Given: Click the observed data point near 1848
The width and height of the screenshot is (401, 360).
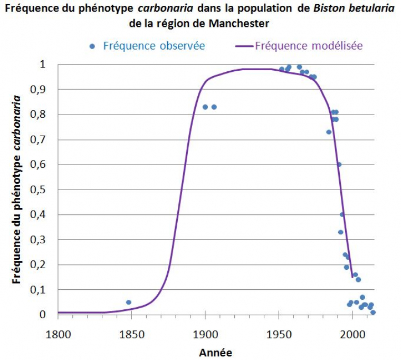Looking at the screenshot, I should [x=129, y=302].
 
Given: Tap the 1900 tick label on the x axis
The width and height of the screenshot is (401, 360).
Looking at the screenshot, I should [x=205, y=335].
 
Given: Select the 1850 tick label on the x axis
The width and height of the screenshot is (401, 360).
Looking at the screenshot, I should [x=131, y=335].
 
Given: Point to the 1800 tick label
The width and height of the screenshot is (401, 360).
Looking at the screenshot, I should [x=58, y=335].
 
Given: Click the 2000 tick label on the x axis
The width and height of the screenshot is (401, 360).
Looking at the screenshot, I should [x=353, y=335].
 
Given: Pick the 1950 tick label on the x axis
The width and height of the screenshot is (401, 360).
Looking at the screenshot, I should [x=279, y=335].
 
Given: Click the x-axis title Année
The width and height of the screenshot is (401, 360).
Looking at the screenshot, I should [x=215, y=352].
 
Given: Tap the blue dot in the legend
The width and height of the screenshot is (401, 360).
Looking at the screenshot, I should [x=92, y=46].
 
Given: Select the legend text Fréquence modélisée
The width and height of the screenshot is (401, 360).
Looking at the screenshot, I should [x=309, y=45].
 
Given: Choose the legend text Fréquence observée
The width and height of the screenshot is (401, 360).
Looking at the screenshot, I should [x=154, y=45].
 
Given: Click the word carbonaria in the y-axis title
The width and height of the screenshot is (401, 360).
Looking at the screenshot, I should [x=17, y=122].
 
